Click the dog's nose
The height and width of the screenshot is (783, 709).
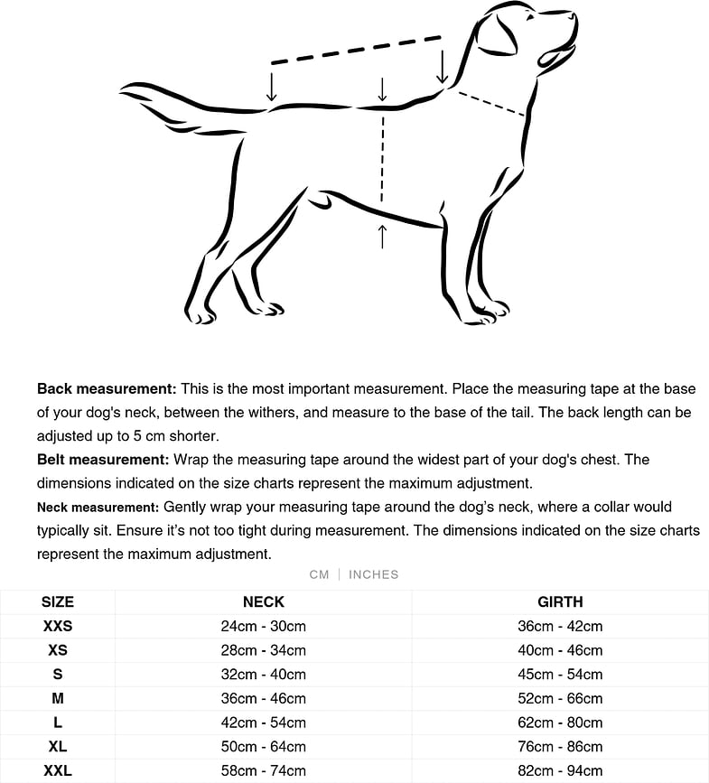click(x=571, y=15)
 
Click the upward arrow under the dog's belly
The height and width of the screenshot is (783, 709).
click(x=382, y=236)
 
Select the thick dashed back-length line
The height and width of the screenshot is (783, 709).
click(x=356, y=50)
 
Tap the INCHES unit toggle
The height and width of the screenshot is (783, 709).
click(x=373, y=574)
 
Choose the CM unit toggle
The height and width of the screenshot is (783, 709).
click(x=319, y=574)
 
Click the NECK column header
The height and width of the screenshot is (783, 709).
click(x=264, y=601)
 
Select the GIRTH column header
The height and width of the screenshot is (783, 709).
click(x=560, y=601)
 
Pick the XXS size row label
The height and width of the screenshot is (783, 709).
click(x=58, y=626)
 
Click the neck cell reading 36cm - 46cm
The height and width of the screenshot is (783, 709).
click(x=264, y=698)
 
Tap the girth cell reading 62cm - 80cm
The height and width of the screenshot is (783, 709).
click(x=560, y=722)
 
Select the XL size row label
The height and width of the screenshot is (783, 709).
click(x=58, y=747)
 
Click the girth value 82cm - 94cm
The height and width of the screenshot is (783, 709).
click(x=560, y=770)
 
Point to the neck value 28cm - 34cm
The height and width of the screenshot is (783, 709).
click(x=264, y=650)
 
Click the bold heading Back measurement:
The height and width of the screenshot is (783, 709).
click(x=107, y=389)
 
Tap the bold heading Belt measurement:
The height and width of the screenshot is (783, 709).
click(x=103, y=460)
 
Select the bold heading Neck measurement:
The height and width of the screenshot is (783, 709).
click(x=98, y=508)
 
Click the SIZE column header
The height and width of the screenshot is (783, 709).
click(x=58, y=601)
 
